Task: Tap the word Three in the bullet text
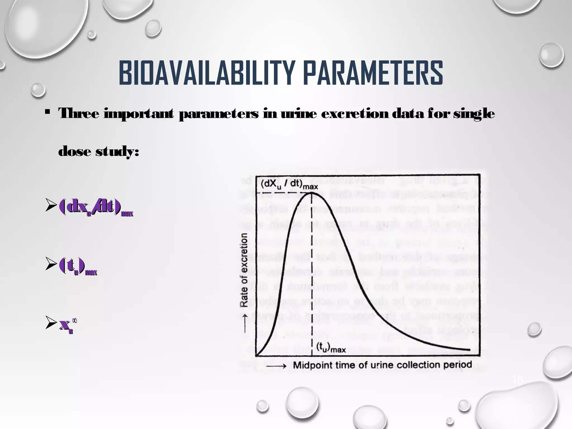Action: [78, 114]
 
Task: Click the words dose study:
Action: [98, 152]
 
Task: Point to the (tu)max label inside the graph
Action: [331, 348]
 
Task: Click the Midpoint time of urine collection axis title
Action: [382, 365]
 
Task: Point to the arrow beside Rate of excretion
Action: [245, 323]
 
